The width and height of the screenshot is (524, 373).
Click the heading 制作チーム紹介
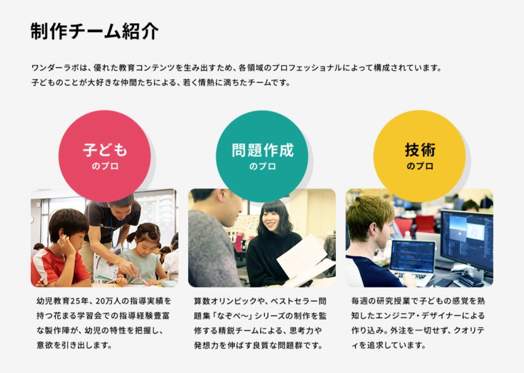coord(95,31)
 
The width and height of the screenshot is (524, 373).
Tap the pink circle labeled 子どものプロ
coord(105,156)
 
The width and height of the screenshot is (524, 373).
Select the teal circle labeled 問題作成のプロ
coord(262,156)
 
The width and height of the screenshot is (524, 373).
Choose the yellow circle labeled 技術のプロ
coord(419,156)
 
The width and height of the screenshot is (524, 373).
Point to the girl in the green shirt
coord(143,254)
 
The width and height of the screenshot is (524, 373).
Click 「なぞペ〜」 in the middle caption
coord(232,316)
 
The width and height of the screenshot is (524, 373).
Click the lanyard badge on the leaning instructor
coord(116,249)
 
